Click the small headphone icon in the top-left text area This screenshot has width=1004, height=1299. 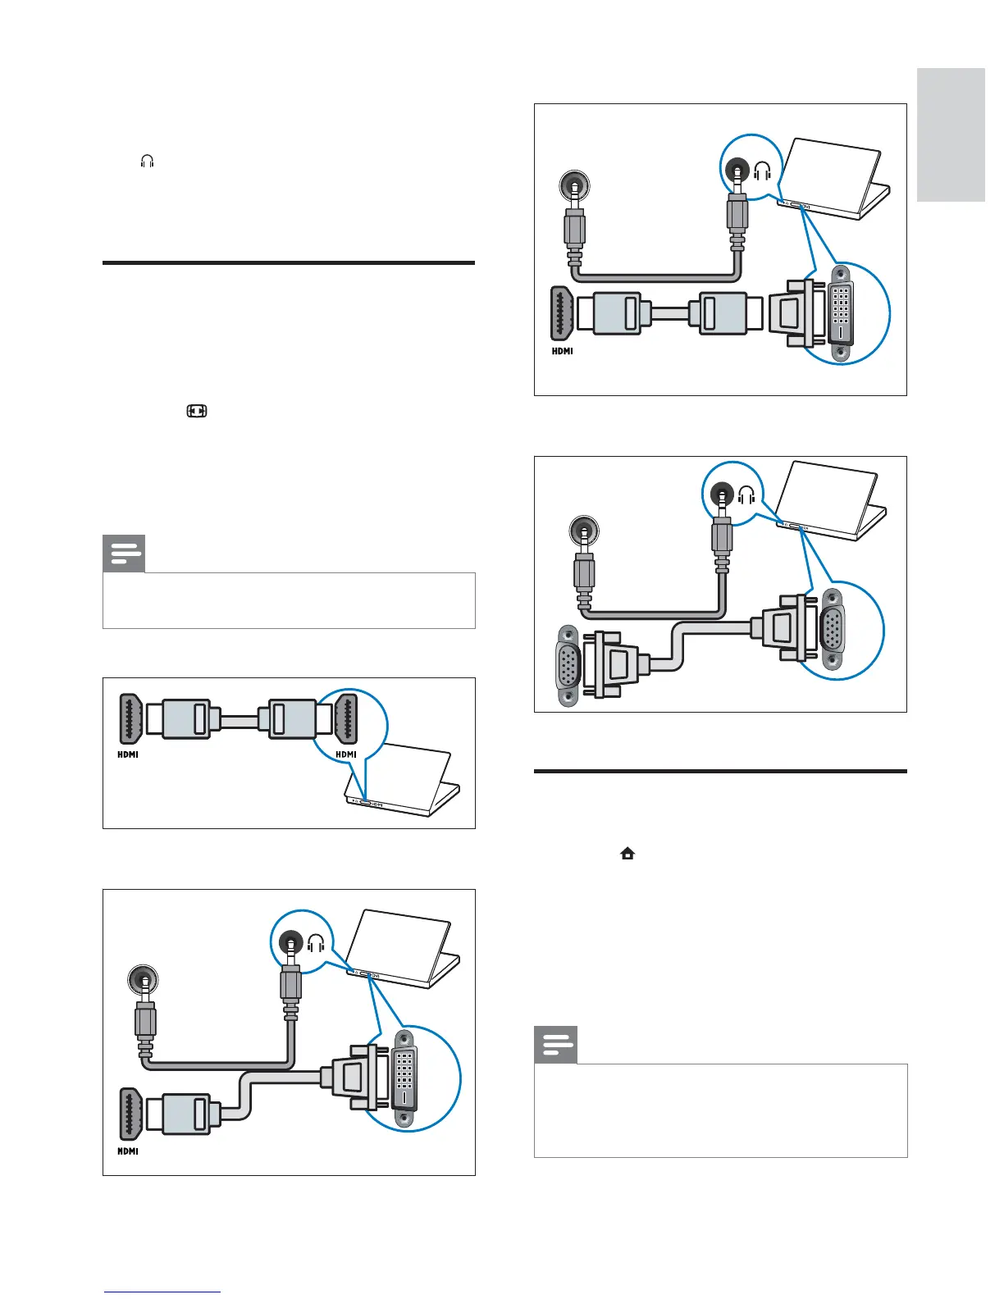(x=148, y=162)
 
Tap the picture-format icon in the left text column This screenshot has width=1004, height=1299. (x=197, y=411)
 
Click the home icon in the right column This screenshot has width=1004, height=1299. (x=627, y=854)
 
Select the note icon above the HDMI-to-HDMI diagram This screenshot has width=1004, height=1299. (x=124, y=554)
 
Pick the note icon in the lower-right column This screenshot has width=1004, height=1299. (x=555, y=1044)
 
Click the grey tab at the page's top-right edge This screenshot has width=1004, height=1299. (x=951, y=134)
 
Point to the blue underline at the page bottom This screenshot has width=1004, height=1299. (x=162, y=1292)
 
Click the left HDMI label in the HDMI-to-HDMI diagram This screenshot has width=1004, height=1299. (x=128, y=754)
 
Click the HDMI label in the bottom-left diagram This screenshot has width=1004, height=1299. (x=128, y=1151)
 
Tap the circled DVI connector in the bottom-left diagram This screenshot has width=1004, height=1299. (x=404, y=1078)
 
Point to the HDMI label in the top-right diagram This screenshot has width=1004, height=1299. (x=562, y=351)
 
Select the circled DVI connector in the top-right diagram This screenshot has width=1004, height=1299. (x=841, y=312)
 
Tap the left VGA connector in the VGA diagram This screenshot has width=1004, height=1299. (x=568, y=665)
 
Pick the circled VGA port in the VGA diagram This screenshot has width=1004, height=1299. (x=833, y=631)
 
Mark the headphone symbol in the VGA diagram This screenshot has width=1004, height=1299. (x=746, y=495)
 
